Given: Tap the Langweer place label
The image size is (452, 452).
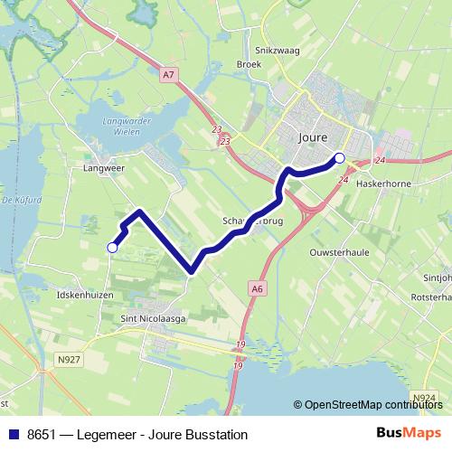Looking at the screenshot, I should point(102,167).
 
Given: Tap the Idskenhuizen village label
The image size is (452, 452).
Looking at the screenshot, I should point(85,295).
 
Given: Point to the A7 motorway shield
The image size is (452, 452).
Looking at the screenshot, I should point(169,75).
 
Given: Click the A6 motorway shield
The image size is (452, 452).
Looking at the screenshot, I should point(258,288).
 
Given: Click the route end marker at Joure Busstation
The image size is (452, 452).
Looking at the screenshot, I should point(340,158).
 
